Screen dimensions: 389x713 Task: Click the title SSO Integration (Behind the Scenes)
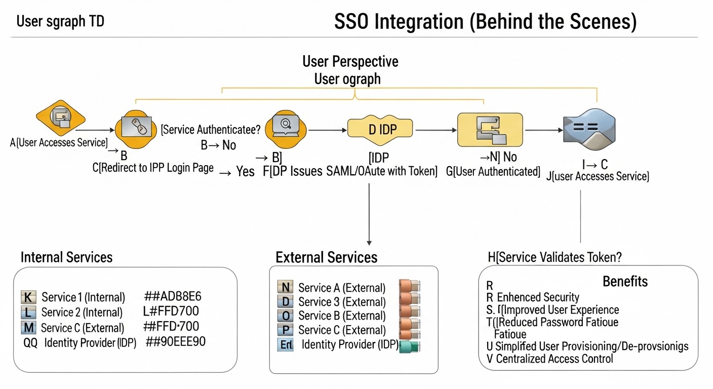[485, 22]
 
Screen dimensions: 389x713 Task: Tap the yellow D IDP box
[380, 129]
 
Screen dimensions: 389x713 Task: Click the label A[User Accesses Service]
[59, 143]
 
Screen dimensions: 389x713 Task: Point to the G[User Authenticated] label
[493, 171]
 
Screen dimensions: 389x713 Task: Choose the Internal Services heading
[66, 257]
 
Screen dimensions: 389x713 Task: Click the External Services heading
[326, 257]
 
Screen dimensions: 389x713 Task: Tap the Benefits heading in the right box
[625, 281]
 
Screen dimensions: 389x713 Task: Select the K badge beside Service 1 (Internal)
[28, 297]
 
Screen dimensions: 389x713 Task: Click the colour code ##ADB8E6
[173, 297]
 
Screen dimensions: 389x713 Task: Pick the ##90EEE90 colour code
[175, 341]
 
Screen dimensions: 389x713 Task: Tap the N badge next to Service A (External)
[286, 288]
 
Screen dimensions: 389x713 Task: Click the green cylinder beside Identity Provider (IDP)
[410, 346]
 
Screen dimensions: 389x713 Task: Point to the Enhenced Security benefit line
[537, 297]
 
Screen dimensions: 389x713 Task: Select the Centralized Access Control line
[554, 359]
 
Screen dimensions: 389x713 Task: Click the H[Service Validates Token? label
[554, 257]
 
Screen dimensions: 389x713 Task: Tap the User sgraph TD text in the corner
[60, 22]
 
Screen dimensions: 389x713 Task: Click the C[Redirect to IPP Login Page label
[153, 168]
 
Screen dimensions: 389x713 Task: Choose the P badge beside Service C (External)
[286, 330]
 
